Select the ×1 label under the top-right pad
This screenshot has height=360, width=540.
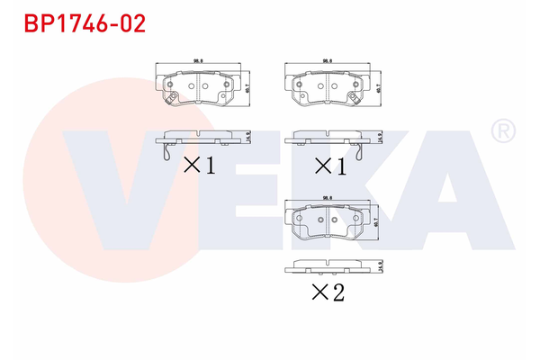coord(329,165)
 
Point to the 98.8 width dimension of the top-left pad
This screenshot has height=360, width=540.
coord(200,61)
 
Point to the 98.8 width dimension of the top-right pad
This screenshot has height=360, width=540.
coord(328,61)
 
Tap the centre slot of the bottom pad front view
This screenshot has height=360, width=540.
coord(328,219)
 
